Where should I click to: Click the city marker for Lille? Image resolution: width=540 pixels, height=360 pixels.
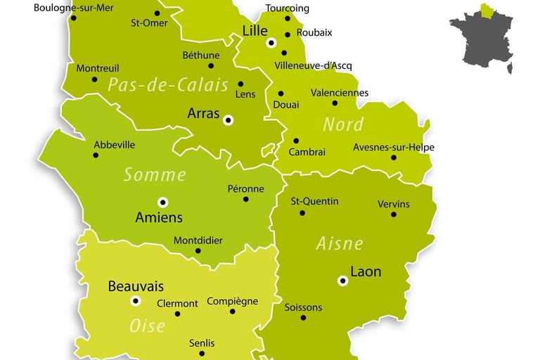click(271, 43)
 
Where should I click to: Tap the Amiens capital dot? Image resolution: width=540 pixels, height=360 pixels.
click(163, 202)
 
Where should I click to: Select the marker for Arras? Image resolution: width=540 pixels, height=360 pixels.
click(228, 120)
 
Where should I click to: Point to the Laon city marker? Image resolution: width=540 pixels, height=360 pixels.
click(342, 281)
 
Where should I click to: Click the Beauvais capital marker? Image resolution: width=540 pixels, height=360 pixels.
click(136, 301)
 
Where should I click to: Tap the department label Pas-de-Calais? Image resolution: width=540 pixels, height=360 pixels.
click(168, 85)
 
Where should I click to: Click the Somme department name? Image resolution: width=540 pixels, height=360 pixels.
click(155, 174)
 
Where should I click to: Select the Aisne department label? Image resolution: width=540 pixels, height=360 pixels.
click(339, 243)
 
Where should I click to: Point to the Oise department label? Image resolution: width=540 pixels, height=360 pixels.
click(148, 326)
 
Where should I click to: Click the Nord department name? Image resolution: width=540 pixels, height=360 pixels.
click(343, 124)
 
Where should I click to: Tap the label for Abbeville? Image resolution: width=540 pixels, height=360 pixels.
click(115, 145)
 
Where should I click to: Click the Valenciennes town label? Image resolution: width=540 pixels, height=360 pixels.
click(339, 92)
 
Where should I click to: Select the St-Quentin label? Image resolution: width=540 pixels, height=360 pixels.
click(315, 201)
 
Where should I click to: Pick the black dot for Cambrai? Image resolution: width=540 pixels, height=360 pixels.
click(296, 141)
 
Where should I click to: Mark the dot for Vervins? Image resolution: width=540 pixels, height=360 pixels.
click(394, 214)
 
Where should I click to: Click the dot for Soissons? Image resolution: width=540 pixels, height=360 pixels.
click(303, 317)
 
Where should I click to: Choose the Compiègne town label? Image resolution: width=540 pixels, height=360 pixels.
click(232, 302)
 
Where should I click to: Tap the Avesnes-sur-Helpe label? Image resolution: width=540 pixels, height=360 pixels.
click(394, 147)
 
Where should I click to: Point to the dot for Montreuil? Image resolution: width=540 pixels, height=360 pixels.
click(94, 79)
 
